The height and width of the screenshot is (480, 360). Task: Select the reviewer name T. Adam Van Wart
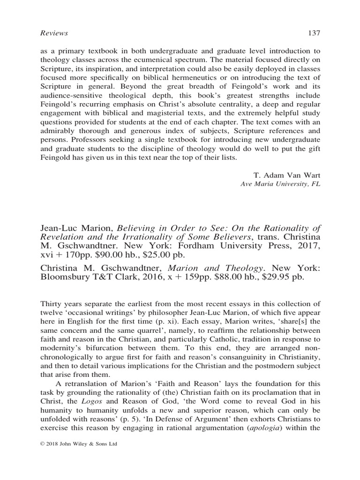291,175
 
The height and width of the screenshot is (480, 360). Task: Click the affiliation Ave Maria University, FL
280,184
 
